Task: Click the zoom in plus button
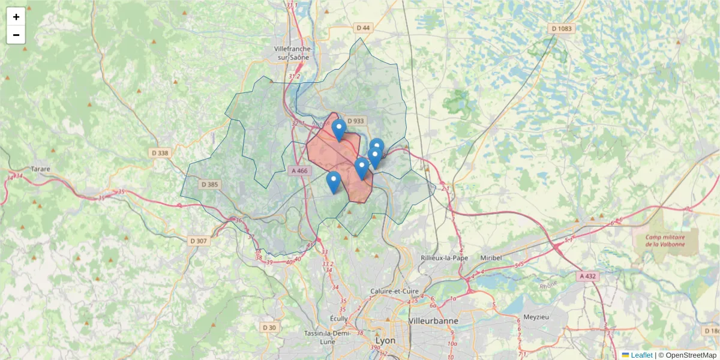point(16,17)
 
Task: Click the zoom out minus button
point(16,35)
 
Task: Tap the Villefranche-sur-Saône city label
point(291,53)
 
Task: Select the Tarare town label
point(41,169)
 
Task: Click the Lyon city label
point(385,340)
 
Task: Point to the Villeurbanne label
point(433,321)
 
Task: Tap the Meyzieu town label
point(536,316)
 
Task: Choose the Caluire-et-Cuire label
point(393,292)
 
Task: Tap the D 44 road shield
point(363,28)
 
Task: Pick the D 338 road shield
point(160,153)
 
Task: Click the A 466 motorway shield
point(299,171)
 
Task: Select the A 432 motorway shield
point(588,276)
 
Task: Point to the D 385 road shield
point(209,184)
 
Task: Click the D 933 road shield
point(355,121)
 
